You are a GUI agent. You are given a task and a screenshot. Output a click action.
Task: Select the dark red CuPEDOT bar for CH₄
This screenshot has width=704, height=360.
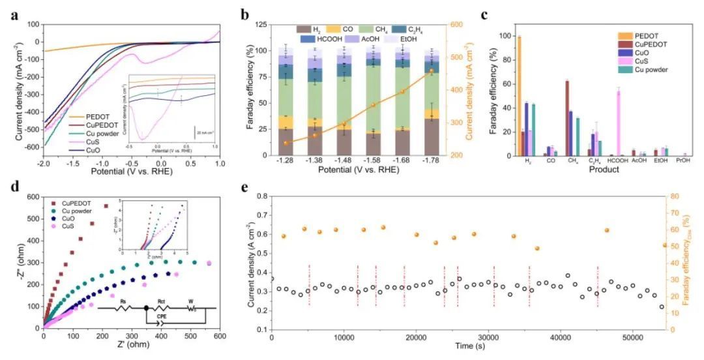[567, 117]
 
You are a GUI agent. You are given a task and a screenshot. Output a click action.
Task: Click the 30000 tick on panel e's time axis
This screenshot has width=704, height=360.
[489, 339]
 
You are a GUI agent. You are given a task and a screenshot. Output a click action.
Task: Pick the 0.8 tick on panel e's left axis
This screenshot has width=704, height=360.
[261, 196]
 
